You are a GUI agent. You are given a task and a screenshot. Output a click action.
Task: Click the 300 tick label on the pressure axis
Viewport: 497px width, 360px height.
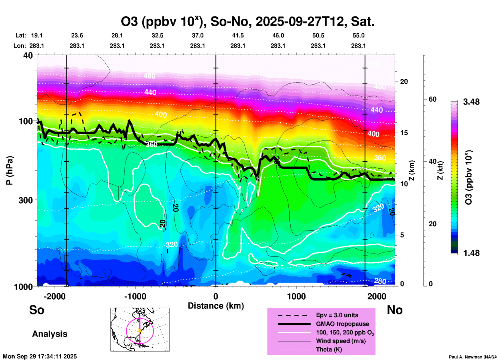coord(26,200)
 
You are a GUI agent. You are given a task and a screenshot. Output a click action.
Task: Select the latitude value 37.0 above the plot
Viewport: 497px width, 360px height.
coord(198,36)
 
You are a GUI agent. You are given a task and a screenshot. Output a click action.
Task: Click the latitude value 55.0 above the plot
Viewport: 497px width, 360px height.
coord(358,36)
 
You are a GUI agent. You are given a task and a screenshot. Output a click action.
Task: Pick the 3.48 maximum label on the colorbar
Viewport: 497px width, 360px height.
coord(471,102)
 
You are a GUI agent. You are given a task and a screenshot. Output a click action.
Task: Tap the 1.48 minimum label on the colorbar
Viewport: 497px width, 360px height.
coord(471,253)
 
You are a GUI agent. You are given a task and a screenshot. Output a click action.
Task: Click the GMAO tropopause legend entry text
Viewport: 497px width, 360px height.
coord(342,324)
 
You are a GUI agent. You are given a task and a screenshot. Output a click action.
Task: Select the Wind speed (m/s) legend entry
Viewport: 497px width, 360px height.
coord(341,341)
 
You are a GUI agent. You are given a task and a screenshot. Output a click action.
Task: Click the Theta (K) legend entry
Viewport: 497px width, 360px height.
coord(329,349)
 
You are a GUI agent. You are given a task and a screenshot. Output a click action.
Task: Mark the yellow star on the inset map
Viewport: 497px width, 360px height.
coord(140,331)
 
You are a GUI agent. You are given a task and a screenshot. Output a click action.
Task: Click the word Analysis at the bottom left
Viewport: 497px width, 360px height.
coord(50,334)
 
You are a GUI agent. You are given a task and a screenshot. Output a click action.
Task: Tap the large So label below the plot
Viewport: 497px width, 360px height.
coord(37,310)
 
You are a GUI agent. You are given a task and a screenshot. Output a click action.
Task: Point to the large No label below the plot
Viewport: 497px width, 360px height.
coord(395,310)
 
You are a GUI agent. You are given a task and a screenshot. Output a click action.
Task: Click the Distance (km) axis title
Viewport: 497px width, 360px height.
coord(216,306)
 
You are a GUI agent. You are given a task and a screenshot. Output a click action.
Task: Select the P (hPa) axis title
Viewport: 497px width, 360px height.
coord(9,170)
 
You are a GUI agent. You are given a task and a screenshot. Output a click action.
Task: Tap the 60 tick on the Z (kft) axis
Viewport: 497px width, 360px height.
coord(432,99)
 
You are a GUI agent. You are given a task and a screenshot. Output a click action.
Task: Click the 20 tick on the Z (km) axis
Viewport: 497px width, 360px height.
coord(404,82)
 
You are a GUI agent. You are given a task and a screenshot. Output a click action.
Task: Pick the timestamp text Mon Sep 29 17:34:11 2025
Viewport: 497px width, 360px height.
coord(40,356)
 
